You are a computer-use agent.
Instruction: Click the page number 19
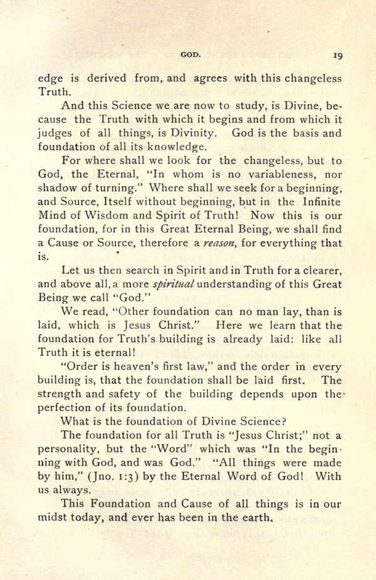point(337,56)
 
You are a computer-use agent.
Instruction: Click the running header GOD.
point(190,55)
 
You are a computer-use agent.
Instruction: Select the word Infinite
point(318,202)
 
